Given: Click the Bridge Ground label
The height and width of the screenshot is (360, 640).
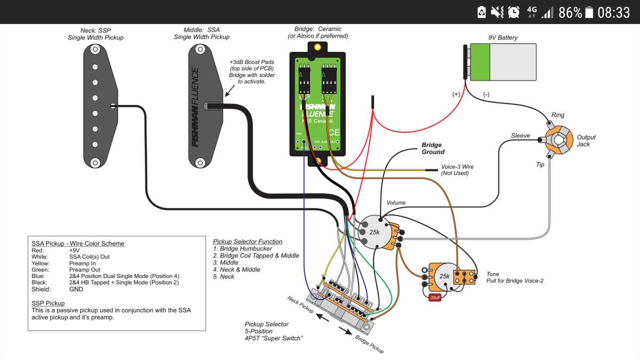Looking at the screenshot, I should (432, 148).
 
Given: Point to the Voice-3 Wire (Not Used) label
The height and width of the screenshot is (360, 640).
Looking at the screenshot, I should (457, 170).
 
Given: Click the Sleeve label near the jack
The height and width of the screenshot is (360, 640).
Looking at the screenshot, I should (521, 135).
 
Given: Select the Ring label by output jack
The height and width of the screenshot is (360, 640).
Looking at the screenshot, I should (558, 115).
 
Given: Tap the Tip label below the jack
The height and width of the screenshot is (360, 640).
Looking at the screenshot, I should (540, 165).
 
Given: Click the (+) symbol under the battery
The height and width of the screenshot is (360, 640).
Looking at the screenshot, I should (456, 94).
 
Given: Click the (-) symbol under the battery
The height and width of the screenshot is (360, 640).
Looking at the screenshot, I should (486, 94).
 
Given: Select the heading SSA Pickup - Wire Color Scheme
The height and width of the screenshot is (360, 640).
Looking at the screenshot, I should (78, 243).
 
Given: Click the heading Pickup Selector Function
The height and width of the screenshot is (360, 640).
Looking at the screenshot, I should (247, 242).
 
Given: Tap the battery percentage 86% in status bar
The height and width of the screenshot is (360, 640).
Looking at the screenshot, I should (570, 12).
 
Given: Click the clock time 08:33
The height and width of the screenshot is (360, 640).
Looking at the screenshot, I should (613, 12).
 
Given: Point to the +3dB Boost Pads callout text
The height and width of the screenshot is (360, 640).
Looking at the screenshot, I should (251, 71).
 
